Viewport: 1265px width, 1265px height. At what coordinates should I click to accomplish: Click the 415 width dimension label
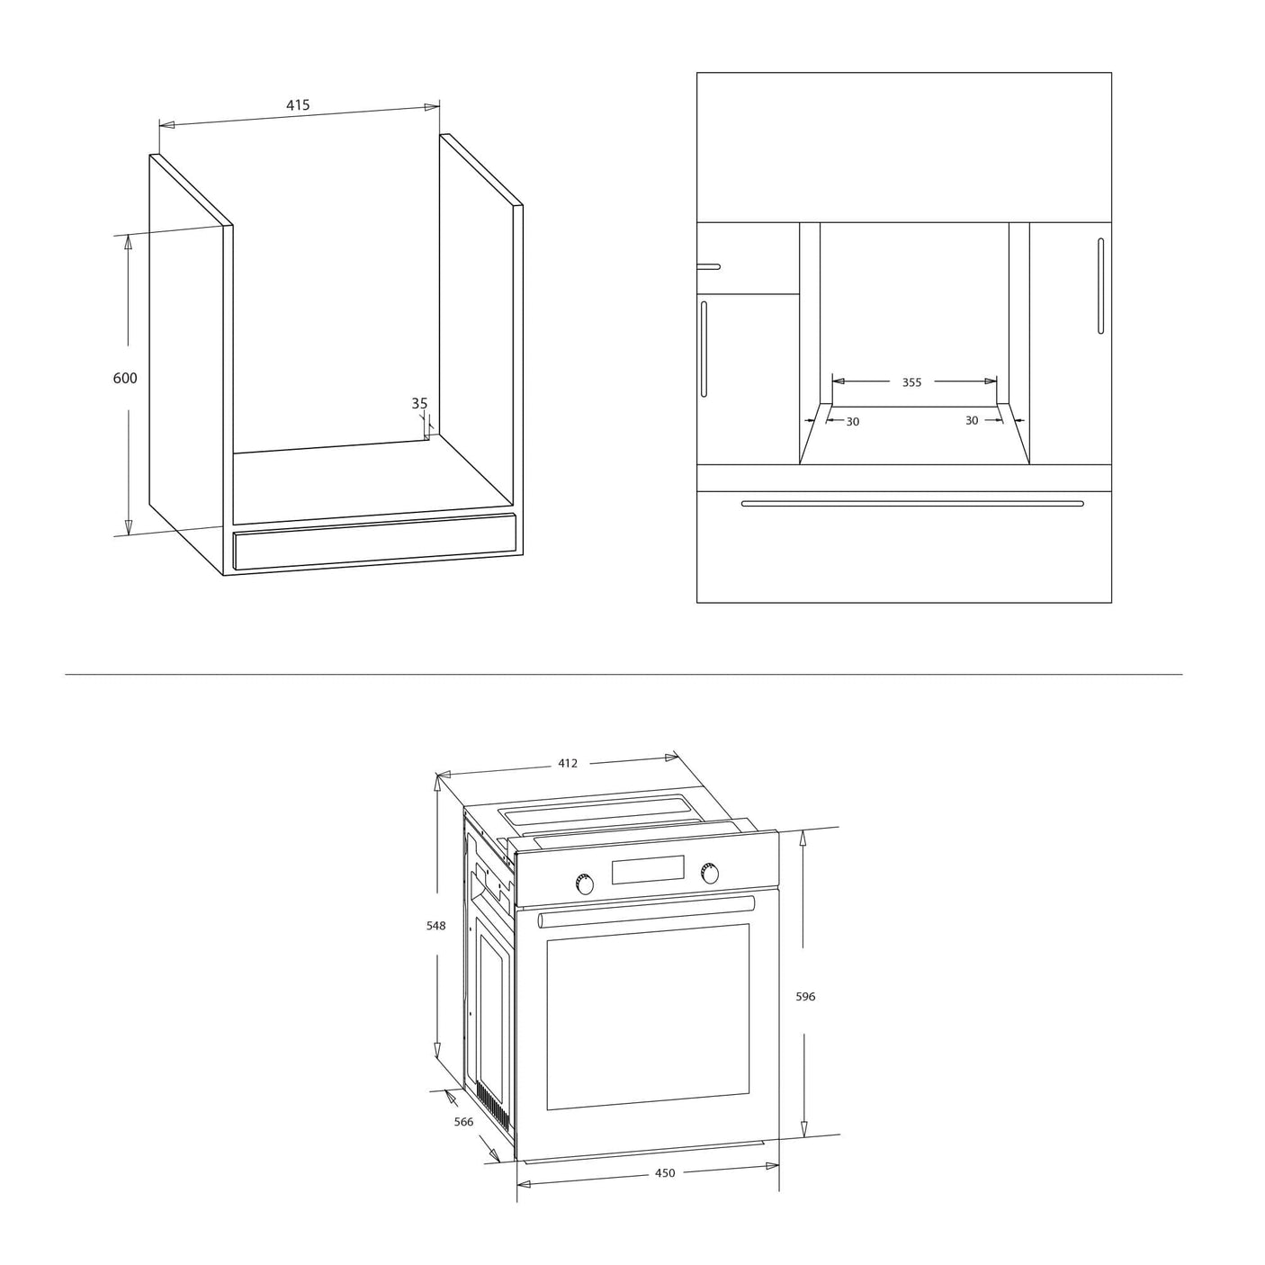pos(298,105)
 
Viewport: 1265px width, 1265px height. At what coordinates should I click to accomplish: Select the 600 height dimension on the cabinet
pos(125,378)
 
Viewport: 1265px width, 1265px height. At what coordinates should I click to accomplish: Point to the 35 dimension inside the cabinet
pos(419,403)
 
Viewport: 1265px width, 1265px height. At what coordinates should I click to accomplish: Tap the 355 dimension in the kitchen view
pos(911,382)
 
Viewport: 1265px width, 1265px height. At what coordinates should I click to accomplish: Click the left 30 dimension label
pos(852,421)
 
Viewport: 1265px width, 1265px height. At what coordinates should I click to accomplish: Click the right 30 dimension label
pos(972,420)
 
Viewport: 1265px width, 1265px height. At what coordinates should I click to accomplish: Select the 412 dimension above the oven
pos(568,763)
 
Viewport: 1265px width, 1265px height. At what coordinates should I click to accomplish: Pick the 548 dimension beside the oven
pos(435,926)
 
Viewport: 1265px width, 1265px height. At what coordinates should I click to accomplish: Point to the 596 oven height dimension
pos(805,997)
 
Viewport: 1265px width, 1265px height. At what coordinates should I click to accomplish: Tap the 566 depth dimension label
pos(463,1122)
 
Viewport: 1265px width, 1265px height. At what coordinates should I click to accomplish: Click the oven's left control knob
pos(584,884)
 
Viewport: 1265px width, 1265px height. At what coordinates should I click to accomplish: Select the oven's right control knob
pos(709,873)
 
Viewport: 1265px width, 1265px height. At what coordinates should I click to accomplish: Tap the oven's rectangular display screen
pos(648,869)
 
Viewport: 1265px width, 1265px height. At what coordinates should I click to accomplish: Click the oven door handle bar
pos(646,911)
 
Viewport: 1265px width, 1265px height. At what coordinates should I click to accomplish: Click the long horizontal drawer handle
pos(912,504)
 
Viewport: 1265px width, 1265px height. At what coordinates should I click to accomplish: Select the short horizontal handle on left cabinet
pos(709,266)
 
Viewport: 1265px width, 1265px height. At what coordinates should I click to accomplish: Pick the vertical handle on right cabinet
pos(1101,285)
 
